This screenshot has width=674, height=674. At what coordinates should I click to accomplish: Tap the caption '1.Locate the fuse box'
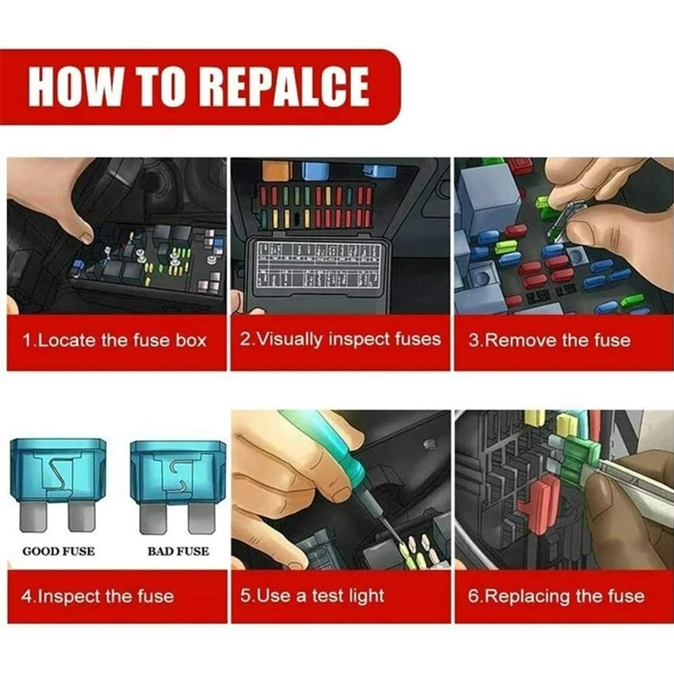[114, 341]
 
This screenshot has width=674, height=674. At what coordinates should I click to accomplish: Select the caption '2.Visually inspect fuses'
[339, 339]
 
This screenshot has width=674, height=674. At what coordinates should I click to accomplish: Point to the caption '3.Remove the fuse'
[549, 341]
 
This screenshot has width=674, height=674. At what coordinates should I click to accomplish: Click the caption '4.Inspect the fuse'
[97, 595]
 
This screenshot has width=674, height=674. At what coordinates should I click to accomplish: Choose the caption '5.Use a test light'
[312, 595]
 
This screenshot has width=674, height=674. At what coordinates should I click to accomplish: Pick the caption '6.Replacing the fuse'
[555, 595]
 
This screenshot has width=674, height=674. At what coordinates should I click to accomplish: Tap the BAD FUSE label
[178, 550]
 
